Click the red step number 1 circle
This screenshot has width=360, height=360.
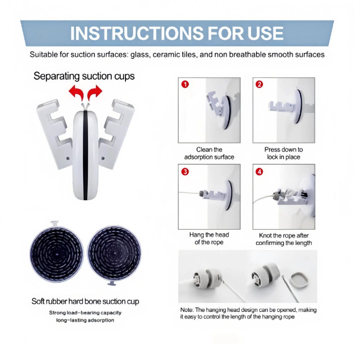[x=185, y=84]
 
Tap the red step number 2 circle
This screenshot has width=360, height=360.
[x=259, y=84]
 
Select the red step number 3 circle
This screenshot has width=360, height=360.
[x=185, y=171]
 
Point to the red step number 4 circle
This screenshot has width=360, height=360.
[x=259, y=171]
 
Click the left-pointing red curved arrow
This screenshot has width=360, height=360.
[x=76, y=92]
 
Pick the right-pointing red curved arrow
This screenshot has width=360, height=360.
[x=94, y=92]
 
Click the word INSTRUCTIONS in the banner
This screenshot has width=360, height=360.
[x=137, y=33]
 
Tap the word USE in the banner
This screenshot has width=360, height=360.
[x=265, y=33]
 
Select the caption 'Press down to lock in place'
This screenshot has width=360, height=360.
[x=283, y=153]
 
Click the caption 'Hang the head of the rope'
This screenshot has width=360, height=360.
[x=209, y=238]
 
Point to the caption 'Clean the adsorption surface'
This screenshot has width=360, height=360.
[x=209, y=153]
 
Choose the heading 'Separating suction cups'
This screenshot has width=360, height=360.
[x=84, y=76]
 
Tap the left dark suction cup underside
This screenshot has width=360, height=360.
[x=57, y=254]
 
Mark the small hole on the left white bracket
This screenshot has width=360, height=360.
[x=68, y=158]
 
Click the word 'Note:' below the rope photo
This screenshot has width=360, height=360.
[x=187, y=310]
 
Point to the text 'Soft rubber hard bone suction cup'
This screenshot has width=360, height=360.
[x=85, y=301]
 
